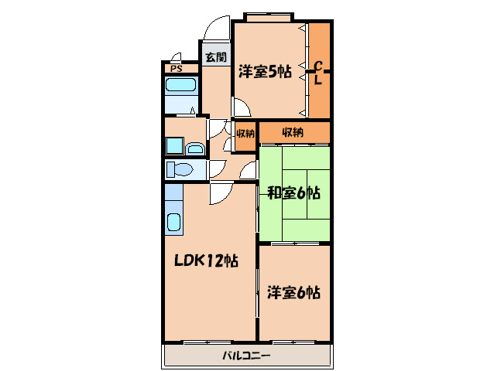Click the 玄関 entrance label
pyautogui.click(x=216, y=57)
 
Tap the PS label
pyautogui.click(x=177, y=69)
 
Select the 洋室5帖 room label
pyautogui.click(x=265, y=72)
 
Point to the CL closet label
pyautogui.click(x=318, y=73)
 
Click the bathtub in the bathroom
pyautogui.click(x=181, y=85)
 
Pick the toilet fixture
pyautogui.click(x=180, y=169)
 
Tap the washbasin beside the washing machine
pyautogui.click(x=195, y=148)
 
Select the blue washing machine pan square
pyautogui.click(x=174, y=145)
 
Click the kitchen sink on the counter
pyautogui.click(x=173, y=223)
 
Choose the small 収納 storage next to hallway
pyautogui.click(x=245, y=133)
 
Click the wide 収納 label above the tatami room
pyautogui.click(x=293, y=132)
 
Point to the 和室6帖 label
pyautogui.click(x=293, y=192)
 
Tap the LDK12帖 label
pyautogui.click(x=207, y=260)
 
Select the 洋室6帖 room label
pyautogui.click(x=293, y=292)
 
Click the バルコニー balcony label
pyautogui.click(x=247, y=356)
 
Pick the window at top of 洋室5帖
pyautogui.click(x=269, y=18)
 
